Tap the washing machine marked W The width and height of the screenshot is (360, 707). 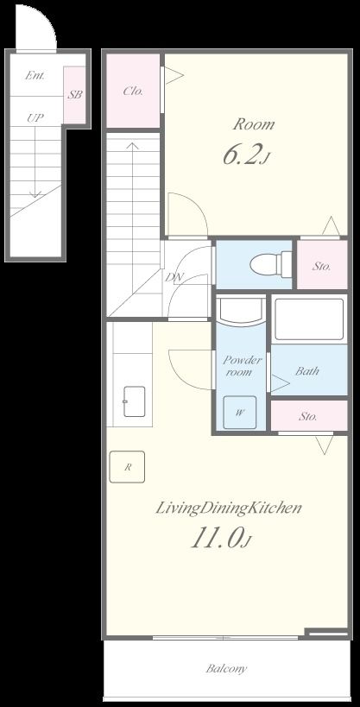[x=239, y=412]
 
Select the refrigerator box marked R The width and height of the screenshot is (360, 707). [x=127, y=467]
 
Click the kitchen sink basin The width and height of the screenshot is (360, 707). [x=134, y=401]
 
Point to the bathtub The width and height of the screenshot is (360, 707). [x=309, y=319]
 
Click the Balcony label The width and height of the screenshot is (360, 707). [x=226, y=668]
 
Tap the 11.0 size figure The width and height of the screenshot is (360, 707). [x=220, y=539]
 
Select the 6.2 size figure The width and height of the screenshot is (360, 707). [x=246, y=155]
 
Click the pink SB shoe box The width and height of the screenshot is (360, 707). [x=74, y=95]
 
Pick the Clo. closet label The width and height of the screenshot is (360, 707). [x=133, y=92]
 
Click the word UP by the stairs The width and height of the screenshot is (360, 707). [x=35, y=118]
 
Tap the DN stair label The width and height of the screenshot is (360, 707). [x=174, y=277]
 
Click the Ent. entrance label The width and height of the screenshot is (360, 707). [x=35, y=75]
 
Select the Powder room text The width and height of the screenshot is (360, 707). [x=243, y=366]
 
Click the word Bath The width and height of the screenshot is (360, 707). [x=307, y=371]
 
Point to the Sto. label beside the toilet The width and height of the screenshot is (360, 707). [x=322, y=266]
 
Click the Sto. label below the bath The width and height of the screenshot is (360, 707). [x=307, y=416]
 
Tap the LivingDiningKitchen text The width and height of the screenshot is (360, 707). [x=228, y=508]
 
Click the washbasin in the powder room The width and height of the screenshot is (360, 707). [x=241, y=310]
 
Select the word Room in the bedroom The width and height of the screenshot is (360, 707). [x=254, y=124]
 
